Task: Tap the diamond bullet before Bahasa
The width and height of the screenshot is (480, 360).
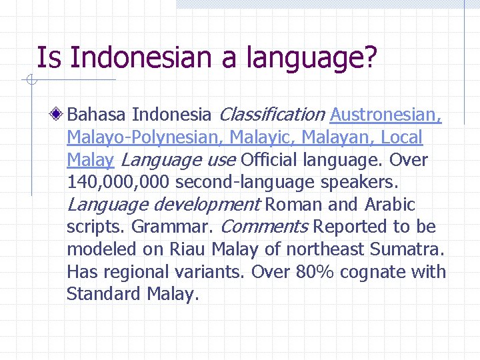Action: tap(58, 115)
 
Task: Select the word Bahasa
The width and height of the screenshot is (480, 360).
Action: tap(97, 115)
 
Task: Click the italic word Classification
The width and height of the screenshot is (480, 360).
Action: tap(271, 115)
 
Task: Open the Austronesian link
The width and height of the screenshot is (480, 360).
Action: tap(385, 115)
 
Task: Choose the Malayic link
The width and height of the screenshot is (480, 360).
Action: tap(263, 137)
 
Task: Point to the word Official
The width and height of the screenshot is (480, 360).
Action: tap(269, 160)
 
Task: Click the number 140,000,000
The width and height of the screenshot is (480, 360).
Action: tap(119, 183)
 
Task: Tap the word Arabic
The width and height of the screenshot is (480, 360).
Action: tap(390, 204)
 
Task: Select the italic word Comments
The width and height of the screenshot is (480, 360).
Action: tap(264, 227)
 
